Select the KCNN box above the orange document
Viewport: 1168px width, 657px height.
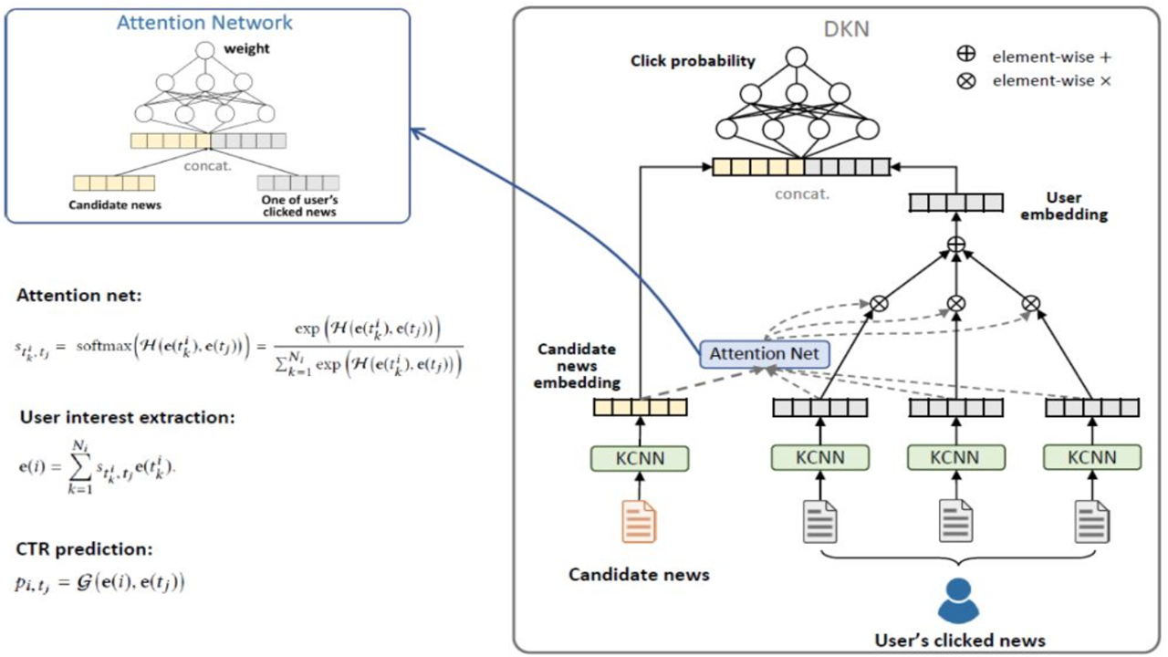click(640, 457)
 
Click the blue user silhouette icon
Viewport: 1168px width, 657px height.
click(958, 601)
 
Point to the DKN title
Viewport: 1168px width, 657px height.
click(847, 29)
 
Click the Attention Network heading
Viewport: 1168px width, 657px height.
click(204, 22)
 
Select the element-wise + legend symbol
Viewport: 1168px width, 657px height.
click(966, 57)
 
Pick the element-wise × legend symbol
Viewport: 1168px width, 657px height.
click(966, 80)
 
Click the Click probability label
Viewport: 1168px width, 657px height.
click(693, 61)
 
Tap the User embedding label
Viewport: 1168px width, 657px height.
click(1077, 206)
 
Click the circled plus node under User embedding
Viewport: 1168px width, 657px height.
click(956, 244)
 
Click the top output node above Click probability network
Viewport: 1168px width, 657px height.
click(796, 57)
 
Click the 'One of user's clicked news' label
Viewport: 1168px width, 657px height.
click(297, 205)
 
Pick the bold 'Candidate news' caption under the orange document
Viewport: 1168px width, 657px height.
click(639, 575)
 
